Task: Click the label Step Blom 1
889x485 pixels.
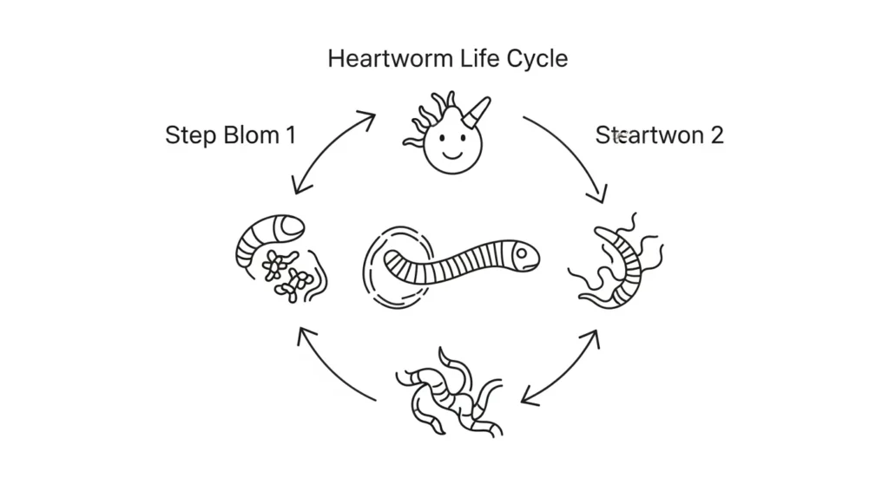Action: (230, 135)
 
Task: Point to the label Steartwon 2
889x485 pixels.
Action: (659, 135)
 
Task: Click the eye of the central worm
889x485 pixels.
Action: (520, 253)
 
